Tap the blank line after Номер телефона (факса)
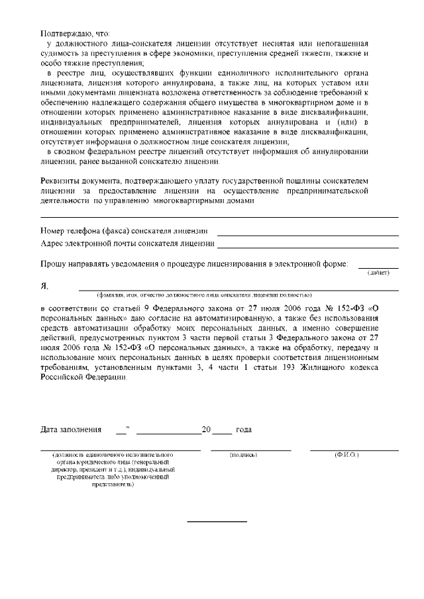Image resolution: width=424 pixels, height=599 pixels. click(307, 234)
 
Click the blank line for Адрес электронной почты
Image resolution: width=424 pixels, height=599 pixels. click(309, 247)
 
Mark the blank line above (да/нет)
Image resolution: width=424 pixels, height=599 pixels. click(378, 267)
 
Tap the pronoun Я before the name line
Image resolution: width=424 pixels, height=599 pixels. click(44, 286)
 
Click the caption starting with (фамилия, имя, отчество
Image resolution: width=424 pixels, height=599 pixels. click(204, 295)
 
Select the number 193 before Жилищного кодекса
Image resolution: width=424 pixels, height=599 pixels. click(295, 367)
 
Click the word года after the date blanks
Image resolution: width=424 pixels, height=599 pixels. click(243, 430)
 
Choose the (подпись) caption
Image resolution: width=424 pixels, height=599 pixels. click(243, 456)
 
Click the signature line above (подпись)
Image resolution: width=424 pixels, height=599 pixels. click(250, 450)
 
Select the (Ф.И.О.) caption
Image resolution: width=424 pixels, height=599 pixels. click(346, 456)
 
